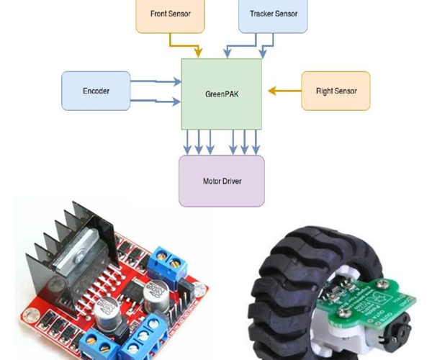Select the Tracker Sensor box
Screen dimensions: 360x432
[273, 14]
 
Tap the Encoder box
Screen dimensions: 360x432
[96, 91]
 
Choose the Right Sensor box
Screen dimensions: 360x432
[336, 91]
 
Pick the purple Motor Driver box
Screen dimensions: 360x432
[222, 181]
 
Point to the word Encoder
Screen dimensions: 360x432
[96, 91]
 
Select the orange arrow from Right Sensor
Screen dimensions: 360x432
[284, 91]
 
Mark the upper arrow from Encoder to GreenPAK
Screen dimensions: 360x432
[155, 83]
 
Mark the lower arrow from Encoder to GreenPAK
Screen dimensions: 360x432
[155, 102]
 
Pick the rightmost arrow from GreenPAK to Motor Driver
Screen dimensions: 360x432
[256, 142]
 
